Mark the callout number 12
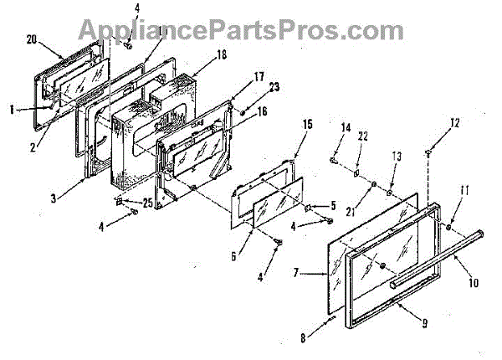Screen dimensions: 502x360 click(455, 125)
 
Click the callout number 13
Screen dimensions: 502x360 click(397, 157)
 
